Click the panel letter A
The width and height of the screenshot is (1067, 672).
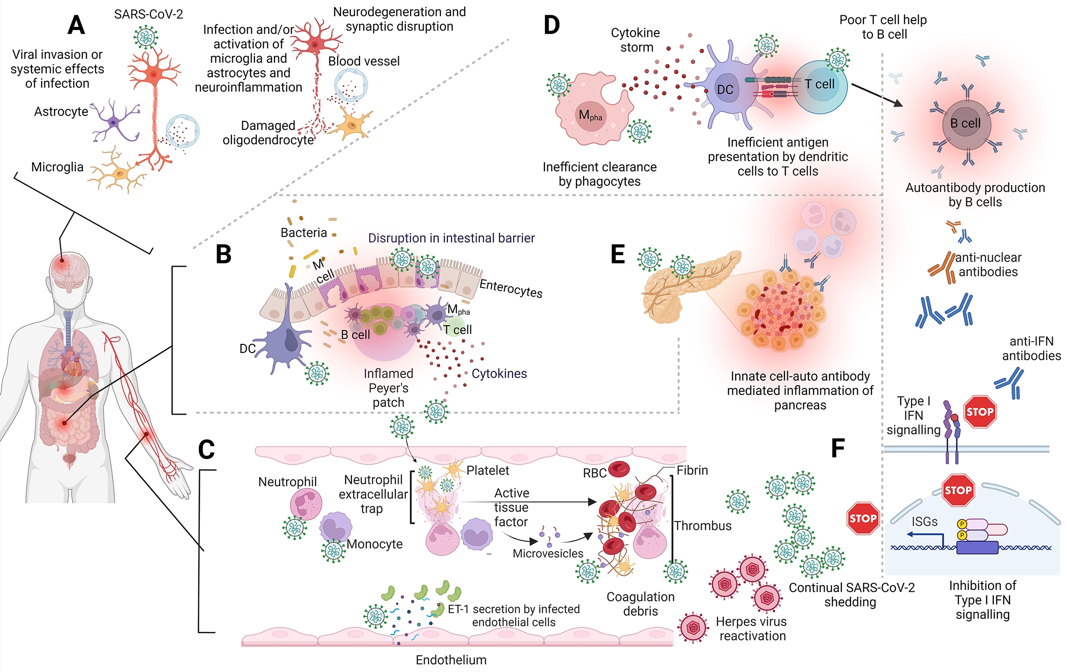76,25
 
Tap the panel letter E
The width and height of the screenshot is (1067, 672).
618,254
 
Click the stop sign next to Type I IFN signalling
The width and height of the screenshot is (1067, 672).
980,412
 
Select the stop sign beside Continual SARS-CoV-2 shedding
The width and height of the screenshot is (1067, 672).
863,518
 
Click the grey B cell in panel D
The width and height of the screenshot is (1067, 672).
967,124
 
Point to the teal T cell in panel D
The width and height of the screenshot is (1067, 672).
819,87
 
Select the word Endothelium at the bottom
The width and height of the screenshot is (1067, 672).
451,660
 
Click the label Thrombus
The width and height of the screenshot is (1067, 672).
703,526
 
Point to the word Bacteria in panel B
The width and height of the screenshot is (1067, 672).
304,233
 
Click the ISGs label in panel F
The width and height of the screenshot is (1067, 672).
925,522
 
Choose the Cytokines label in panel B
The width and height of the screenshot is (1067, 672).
499,373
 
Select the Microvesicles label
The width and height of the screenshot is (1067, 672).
548,554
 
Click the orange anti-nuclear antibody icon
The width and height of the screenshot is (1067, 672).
941,266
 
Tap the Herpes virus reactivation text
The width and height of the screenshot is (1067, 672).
751,629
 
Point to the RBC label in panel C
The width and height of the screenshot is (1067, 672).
595,473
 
